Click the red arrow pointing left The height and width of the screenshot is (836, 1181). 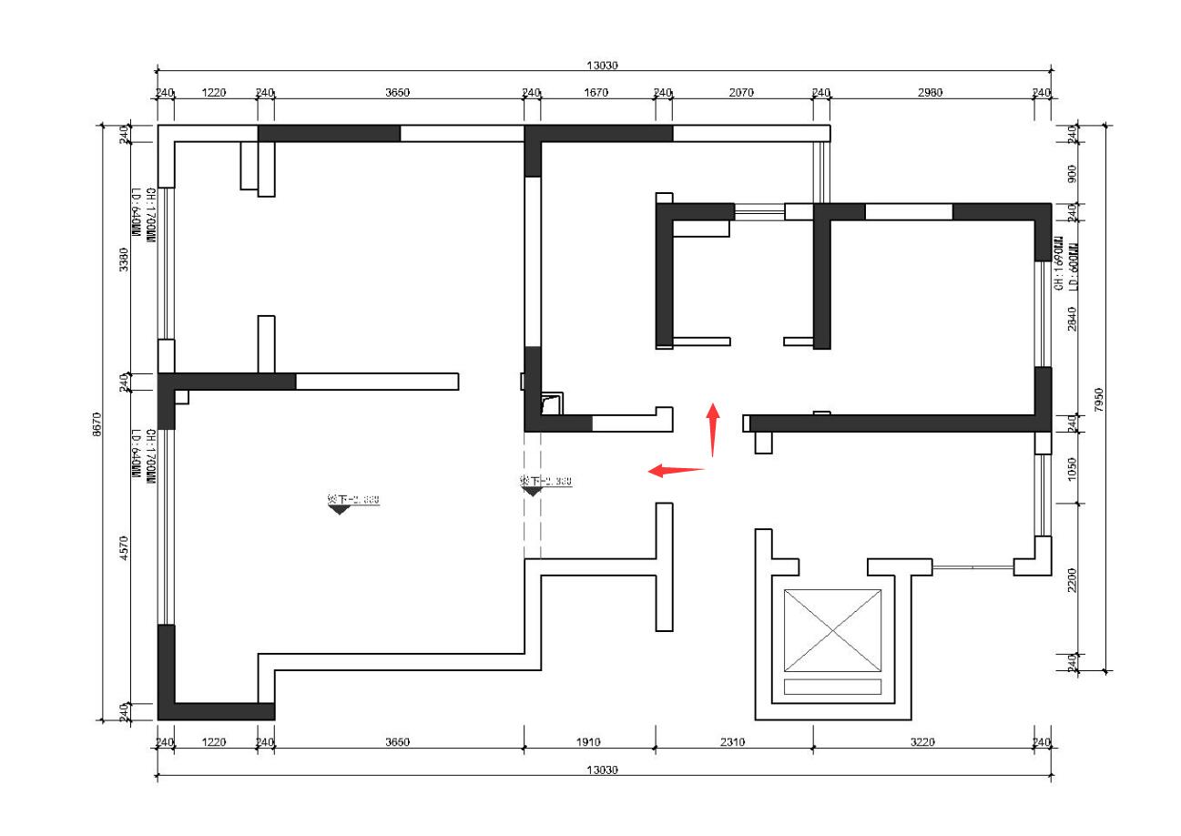pyautogui.click(x=676, y=470)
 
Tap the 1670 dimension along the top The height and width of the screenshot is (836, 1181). pyautogui.click(x=596, y=92)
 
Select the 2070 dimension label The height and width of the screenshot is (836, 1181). pyautogui.click(x=741, y=92)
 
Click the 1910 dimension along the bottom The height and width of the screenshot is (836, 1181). pyautogui.click(x=589, y=742)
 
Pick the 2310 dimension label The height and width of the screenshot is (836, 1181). pyautogui.click(x=732, y=742)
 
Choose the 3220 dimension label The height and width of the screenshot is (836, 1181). pyautogui.click(x=922, y=742)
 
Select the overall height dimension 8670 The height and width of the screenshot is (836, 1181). pyautogui.click(x=97, y=423)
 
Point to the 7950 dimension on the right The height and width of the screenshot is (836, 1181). pyautogui.click(x=1099, y=398)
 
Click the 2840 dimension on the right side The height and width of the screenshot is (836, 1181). pyautogui.click(x=1072, y=318)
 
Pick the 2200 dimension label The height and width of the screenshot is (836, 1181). pyautogui.click(x=1072, y=577)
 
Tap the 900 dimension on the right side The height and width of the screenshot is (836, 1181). pyautogui.click(x=1072, y=172)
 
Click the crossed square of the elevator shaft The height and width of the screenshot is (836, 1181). pyautogui.click(x=832, y=630)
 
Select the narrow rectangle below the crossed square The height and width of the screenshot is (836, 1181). pyautogui.click(x=832, y=687)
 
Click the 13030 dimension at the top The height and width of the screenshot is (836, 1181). pyautogui.click(x=602, y=65)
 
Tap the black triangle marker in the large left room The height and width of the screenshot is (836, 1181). pyautogui.click(x=340, y=510)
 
